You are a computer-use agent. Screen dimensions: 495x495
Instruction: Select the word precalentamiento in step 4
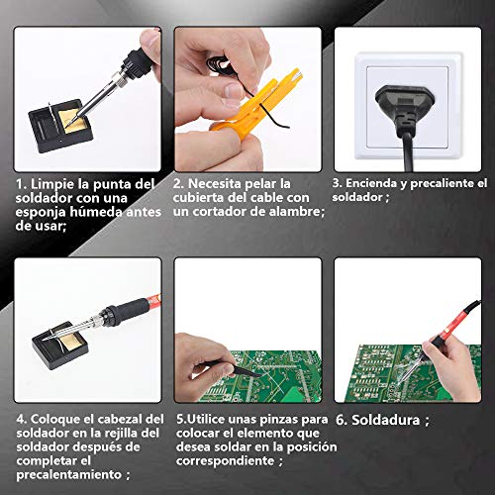[x=69, y=475]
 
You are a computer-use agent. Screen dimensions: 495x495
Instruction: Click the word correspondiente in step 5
[x=225, y=461]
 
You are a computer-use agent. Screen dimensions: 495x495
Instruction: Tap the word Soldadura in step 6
[x=385, y=420]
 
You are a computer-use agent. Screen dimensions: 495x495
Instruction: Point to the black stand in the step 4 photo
[x=60, y=345]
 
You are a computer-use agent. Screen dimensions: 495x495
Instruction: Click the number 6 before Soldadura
[x=342, y=420]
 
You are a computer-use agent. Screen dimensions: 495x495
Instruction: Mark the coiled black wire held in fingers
[x=221, y=64]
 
